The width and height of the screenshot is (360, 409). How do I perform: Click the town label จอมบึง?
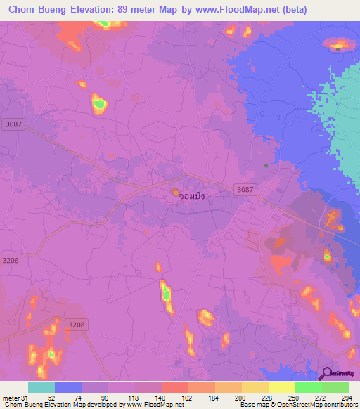pyautogui.click(x=191, y=196)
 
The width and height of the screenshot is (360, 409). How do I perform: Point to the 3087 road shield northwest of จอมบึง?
pyautogui.click(x=12, y=124)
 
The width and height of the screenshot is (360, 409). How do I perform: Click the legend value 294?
pyautogui.click(x=347, y=397)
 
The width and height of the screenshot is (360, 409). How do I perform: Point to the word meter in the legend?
pyautogui.click(x=11, y=397)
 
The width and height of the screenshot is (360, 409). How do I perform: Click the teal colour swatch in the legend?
pyautogui.click(x=41, y=387)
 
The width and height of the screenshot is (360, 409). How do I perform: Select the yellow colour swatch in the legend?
pyautogui.click(x=281, y=387)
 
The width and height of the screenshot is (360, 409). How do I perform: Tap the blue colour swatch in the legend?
pyautogui.click(x=68, y=387)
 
